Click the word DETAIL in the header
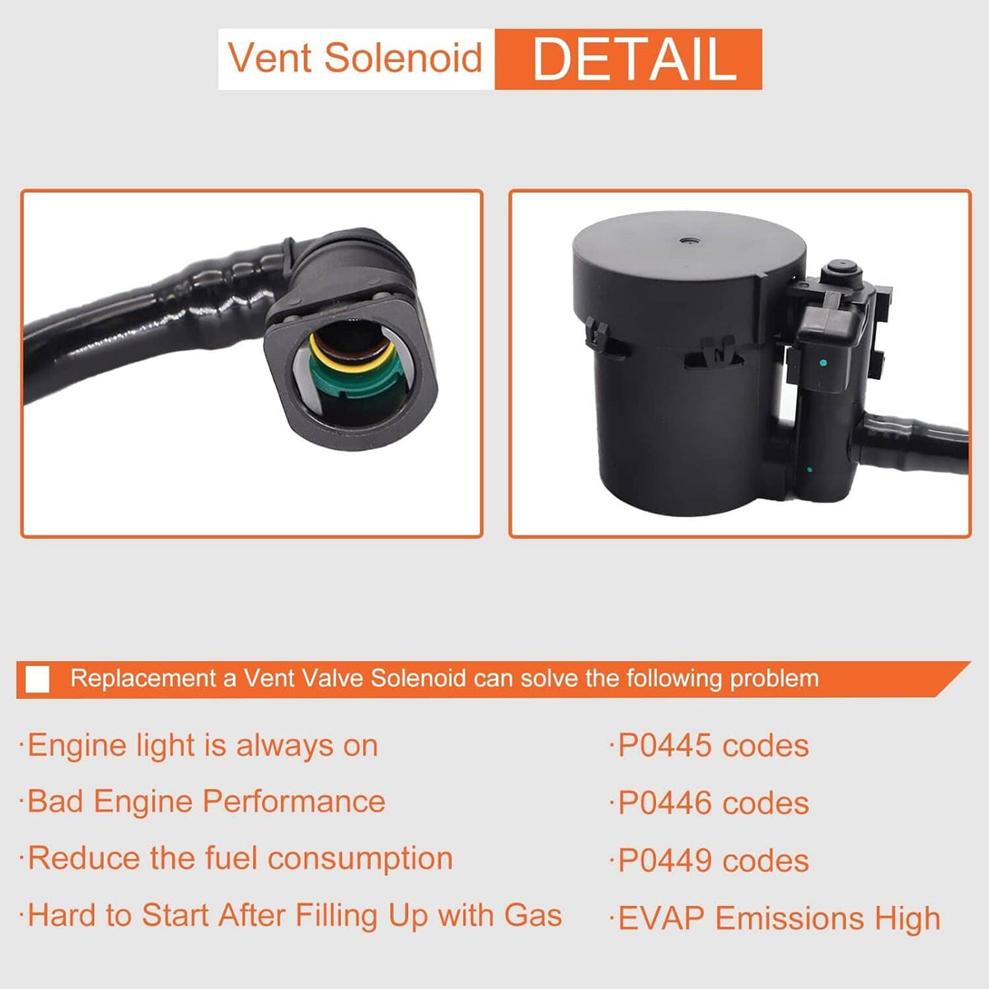coord(635,59)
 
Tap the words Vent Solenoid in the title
coord(355,58)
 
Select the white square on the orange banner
coord(37,679)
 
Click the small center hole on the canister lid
coord(687,240)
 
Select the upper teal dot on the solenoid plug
coord(823,363)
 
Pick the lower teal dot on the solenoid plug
coord(809,470)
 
